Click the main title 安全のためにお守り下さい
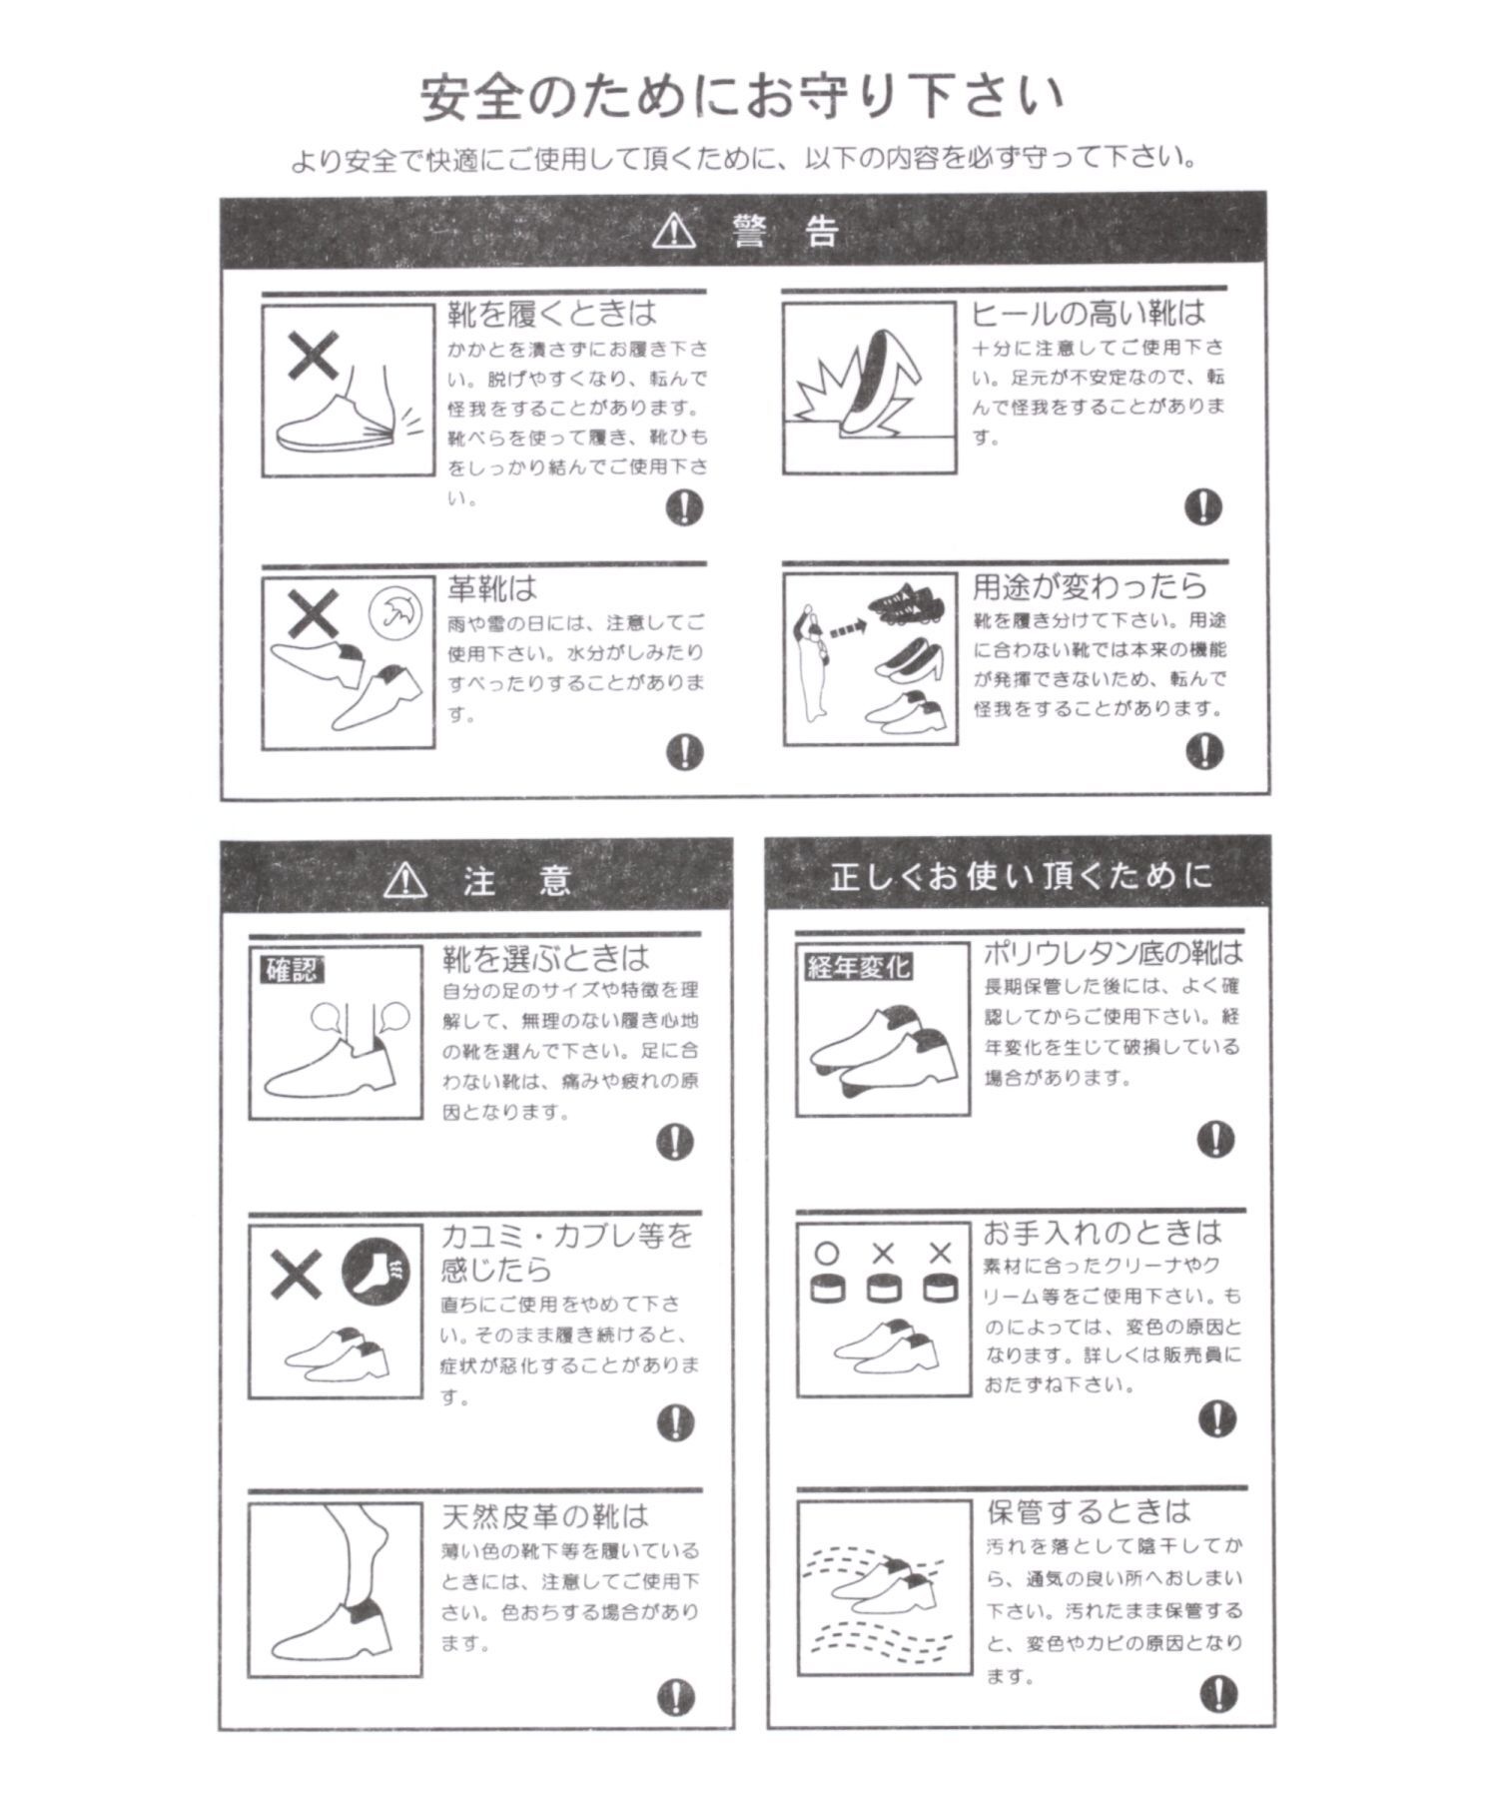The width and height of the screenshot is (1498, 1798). point(742,98)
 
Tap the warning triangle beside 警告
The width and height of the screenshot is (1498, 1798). point(672,232)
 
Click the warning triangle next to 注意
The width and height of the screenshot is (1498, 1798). point(405,880)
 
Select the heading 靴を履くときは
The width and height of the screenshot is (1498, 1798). point(551,314)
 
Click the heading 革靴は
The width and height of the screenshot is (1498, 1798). point(491,588)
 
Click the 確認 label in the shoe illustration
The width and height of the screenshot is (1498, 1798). point(292,969)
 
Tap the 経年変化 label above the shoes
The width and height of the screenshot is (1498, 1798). point(858,966)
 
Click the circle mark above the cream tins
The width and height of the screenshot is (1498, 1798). point(827,1253)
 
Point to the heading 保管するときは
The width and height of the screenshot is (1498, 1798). point(1089,1510)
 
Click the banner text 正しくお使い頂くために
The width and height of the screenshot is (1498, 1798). point(1021,877)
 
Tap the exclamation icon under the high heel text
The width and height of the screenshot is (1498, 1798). point(1202,506)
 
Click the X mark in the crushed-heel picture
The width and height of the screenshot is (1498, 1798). point(313,357)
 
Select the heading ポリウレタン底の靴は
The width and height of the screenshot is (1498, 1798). point(1113,952)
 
